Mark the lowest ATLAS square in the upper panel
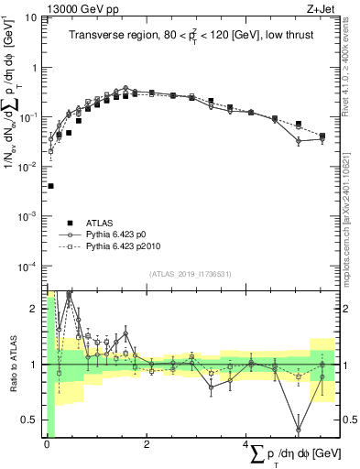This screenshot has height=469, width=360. tap(50, 186)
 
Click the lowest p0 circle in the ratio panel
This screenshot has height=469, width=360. tap(299, 429)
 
